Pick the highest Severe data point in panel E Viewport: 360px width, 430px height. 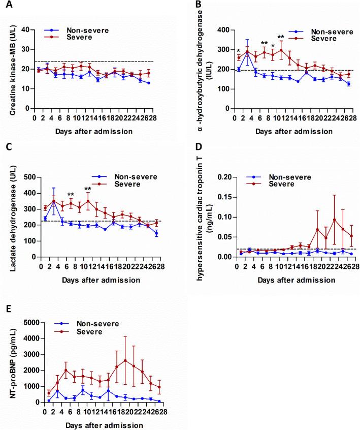coord(125,360)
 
